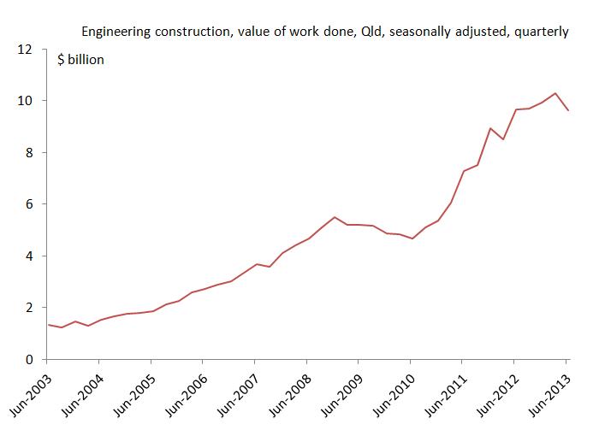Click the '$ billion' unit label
80,61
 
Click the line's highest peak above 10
555,93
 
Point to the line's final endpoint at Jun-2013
568,110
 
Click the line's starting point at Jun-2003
47,325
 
